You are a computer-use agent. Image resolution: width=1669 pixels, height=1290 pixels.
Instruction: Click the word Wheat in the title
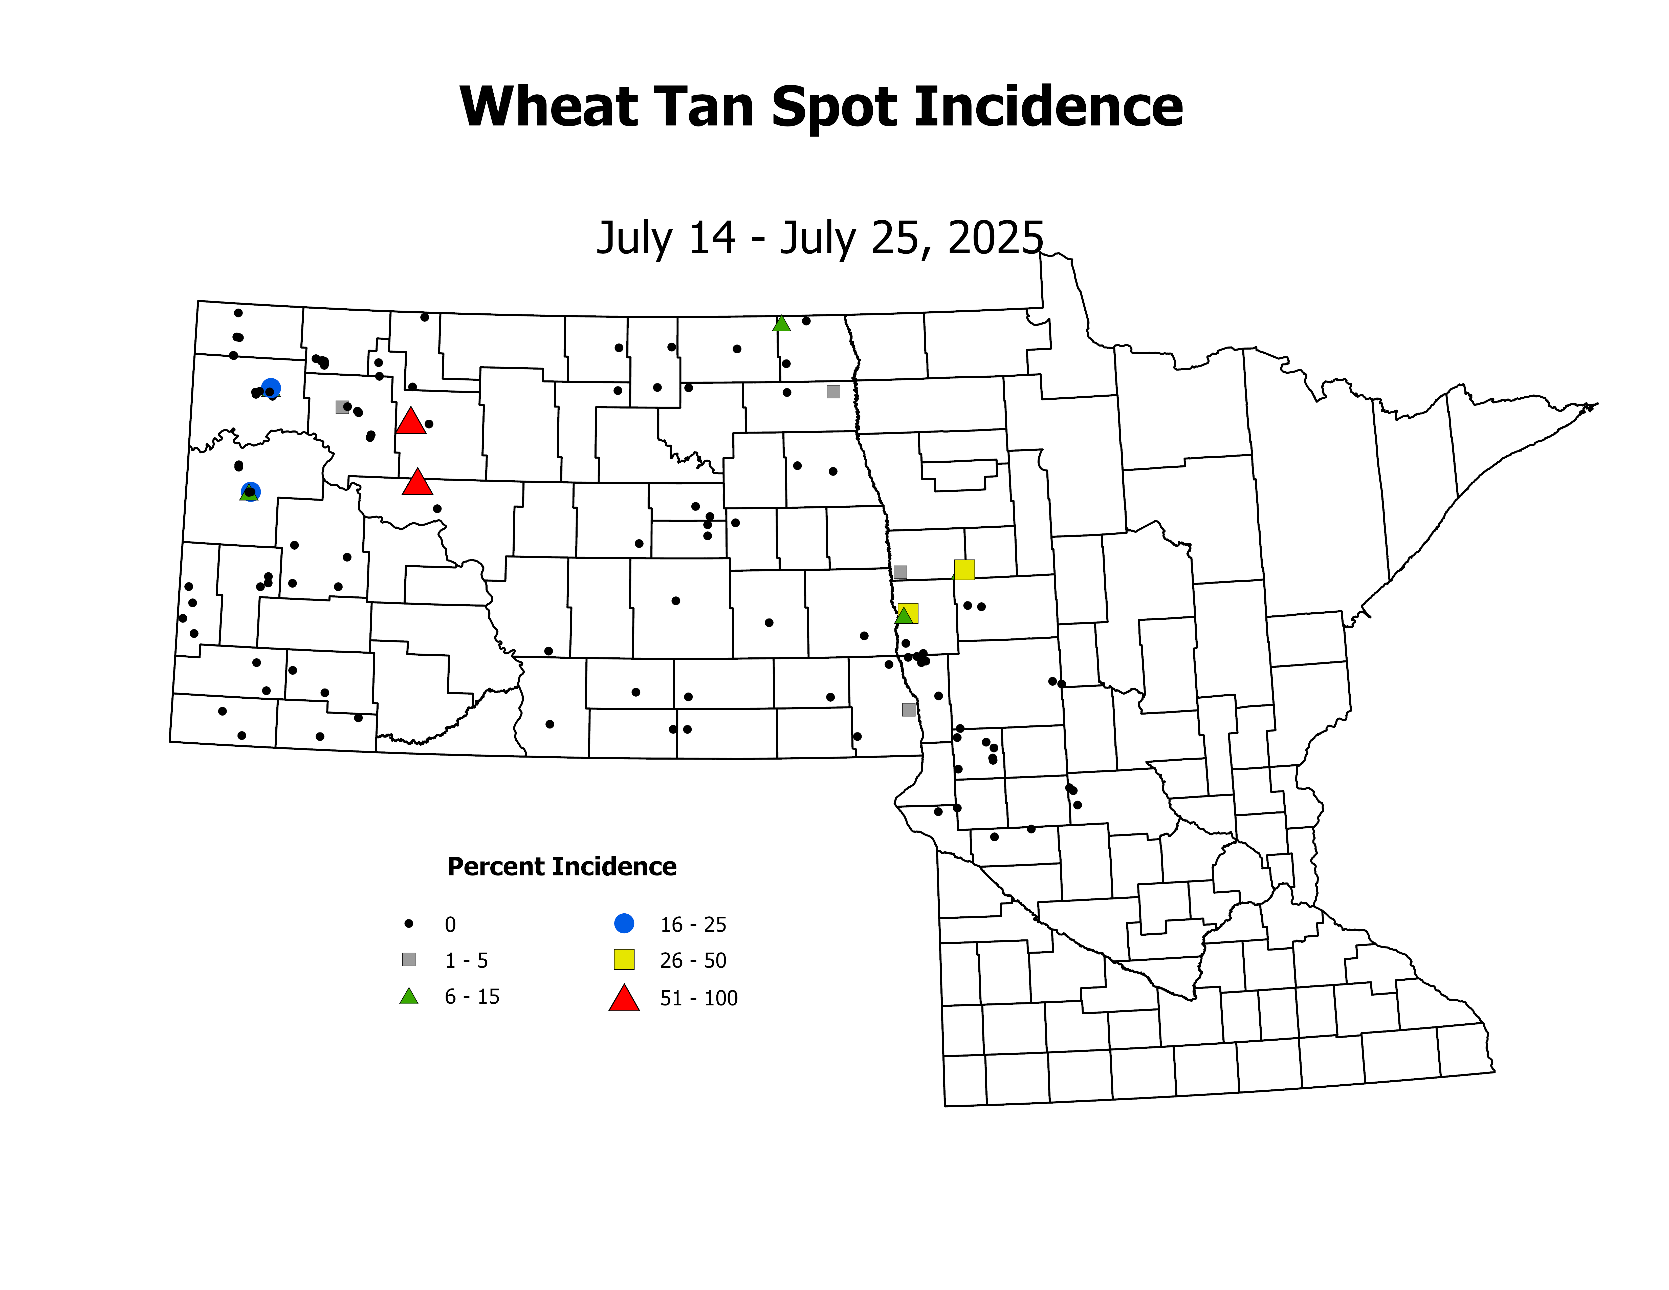pyautogui.click(x=549, y=107)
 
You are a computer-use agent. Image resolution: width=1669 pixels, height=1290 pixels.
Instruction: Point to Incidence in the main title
pyautogui.click(x=1048, y=107)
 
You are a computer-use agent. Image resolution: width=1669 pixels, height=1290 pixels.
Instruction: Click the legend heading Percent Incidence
pyautogui.click(x=562, y=867)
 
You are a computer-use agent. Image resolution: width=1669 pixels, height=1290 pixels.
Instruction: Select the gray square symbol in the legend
pyautogui.click(x=409, y=959)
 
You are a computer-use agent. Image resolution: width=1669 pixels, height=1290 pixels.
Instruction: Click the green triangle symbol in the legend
pyautogui.click(x=409, y=997)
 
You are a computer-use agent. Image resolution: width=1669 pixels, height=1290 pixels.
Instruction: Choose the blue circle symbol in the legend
pyautogui.click(x=624, y=923)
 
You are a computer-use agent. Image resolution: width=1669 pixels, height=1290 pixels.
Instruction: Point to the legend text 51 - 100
pyautogui.click(x=698, y=998)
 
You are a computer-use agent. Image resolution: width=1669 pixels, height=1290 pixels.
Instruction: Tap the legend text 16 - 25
pyautogui.click(x=693, y=925)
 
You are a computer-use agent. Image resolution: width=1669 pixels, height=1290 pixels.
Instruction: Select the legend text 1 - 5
pyautogui.click(x=466, y=961)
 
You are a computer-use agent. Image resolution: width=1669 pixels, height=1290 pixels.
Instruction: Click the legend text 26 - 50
pyautogui.click(x=693, y=961)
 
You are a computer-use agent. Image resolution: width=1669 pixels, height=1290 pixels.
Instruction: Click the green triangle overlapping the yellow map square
pyautogui.click(x=904, y=615)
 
